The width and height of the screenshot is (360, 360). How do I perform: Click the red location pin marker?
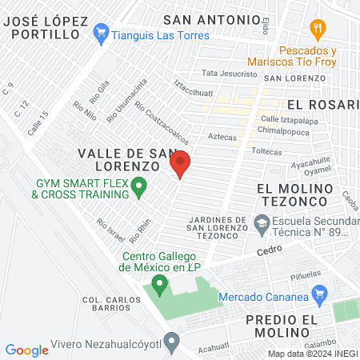[x=180, y=163]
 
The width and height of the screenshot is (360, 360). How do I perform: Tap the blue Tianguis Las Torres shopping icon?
[x=101, y=34]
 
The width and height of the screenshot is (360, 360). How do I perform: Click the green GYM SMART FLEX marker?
[x=138, y=189]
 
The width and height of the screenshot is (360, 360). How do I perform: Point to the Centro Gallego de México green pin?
[x=159, y=283]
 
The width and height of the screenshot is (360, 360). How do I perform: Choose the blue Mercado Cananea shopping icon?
[x=320, y=294]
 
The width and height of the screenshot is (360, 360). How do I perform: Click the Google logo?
[x=27, y=350]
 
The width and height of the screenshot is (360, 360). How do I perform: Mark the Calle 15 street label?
[x=39, y=122]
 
